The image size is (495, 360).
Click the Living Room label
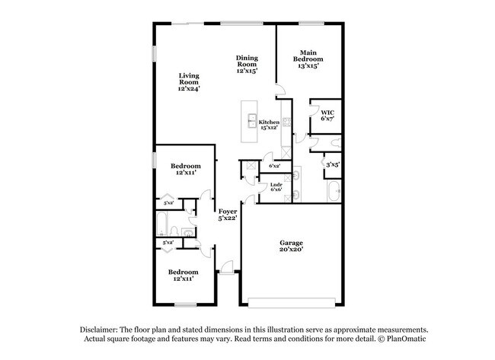tap(190, 81)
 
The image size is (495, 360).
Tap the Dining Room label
tap(245, 65)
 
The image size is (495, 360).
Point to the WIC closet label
tap(327, 116)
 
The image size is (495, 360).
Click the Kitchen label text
tap(269, 123)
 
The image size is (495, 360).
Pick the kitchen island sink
tap(251, 120)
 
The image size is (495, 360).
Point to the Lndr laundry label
tap(276, 186)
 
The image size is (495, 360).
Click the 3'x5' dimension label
tap(333, 164)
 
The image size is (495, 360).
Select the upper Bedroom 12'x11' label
tap(185, 170)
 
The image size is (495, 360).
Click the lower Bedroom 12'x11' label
tap(184, 275)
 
